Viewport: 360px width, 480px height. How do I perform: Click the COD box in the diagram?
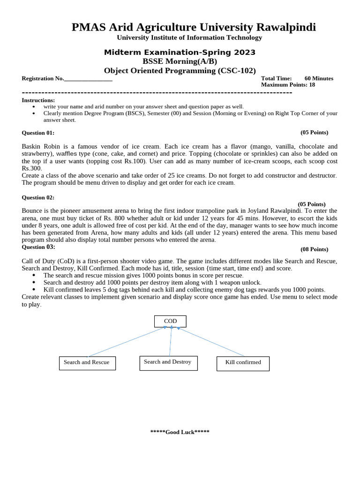pyautogui.click(x=170, y=321)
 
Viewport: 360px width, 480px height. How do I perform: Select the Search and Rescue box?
pyautogui.click(x=87, y=363)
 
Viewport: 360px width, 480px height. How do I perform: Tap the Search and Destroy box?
pyautogui.click(x=168, y=362)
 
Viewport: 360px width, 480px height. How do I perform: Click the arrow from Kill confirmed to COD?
pyautogui.click(x=211, y=342)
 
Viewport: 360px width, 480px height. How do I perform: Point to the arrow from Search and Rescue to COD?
pyautogui.click(x=127, y=342)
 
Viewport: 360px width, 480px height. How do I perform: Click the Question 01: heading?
pyautogui.click(x=38, y=133)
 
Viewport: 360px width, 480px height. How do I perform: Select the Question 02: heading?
pyautogui.click(x=38, y=198)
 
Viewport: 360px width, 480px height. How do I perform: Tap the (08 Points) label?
pyautogui.click(x=314, y=249)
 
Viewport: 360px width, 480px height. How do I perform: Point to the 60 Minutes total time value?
pyautogui.click(x=319, y=78)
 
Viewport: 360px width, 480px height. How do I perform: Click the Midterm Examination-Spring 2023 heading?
pyautogui.click(x=180, y=52)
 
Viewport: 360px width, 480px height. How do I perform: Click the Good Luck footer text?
pyautogui.click(x=180, y=432)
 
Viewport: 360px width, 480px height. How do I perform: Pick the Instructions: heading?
pyautogui.click(x=38, y=100)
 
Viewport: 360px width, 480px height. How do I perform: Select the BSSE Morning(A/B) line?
pyautogui.click(x=180, y=61)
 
